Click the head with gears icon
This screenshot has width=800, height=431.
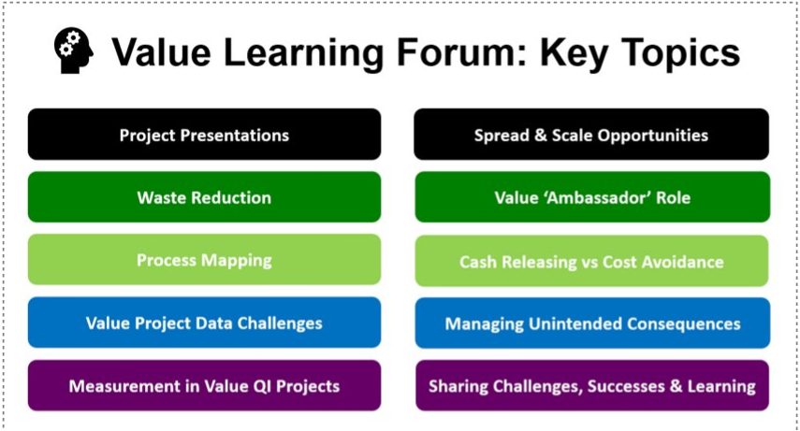(74, 50)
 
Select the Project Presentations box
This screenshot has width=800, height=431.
(204, 134)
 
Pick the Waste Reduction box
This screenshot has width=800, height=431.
(204, 197)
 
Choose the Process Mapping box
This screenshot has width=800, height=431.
(204, 260)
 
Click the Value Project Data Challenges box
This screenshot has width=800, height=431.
(204, 323)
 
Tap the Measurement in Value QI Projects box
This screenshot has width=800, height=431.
(204, 385)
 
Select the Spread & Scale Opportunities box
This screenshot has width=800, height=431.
(591, 134)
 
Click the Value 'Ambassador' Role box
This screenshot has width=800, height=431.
(592, 197)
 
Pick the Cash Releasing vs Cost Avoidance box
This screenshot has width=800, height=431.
(591, 261)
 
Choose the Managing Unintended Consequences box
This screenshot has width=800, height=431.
(592, 323)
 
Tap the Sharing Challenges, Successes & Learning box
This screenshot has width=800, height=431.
(592, 385)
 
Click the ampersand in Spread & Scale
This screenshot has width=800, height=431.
(540, 136)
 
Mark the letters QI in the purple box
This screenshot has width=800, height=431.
(261, 386)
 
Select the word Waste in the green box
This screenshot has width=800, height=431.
(161, 197)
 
